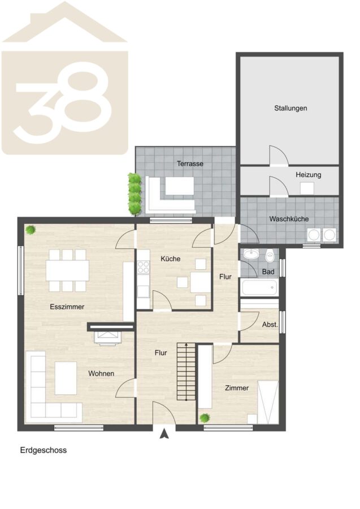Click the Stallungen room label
(x=290, y=108)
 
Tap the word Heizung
(x=308, y=175)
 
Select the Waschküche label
(x=289, y=219)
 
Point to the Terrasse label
(x=190, y=163)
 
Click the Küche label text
(x=171, y=258)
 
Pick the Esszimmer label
(x=67, y=307)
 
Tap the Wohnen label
(x=101, y=374)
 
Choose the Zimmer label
(x=237, y=388)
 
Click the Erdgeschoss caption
(x=44, y=450)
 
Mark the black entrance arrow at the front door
(x=164, y=434)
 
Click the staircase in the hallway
(x=186, y=372)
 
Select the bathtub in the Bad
(x=259, y=287)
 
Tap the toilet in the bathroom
(x=270, y=256)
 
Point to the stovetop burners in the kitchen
(x=143, y=267)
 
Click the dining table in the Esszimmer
(x=67, y=270)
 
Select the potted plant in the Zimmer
(x=205, y=418)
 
